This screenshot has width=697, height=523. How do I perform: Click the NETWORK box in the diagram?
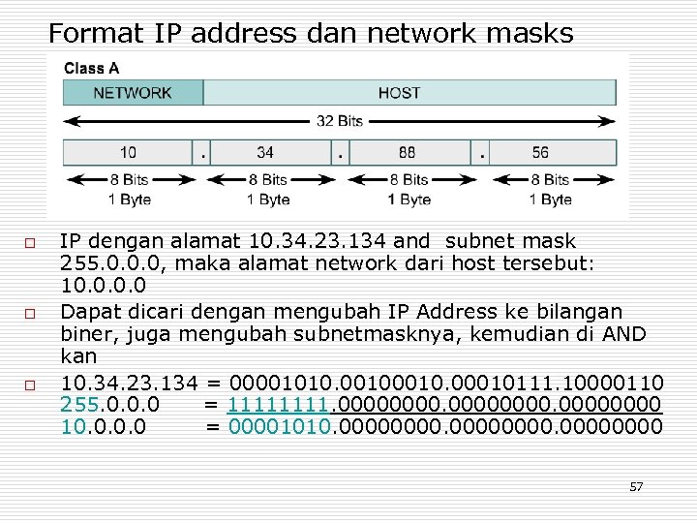click(x=133, y=93)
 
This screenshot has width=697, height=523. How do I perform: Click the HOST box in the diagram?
click(x=399, y=93)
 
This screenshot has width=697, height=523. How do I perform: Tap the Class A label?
click(x=92, y=68)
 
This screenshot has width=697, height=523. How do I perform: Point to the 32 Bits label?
click(x=339, y=121)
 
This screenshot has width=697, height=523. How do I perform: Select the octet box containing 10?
click(x=128, y=152)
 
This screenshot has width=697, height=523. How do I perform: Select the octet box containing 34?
click(x=265, y=152)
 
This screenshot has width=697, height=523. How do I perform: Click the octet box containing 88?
click(x=407, y=152)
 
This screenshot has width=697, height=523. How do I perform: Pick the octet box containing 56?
click(x=540, y=152)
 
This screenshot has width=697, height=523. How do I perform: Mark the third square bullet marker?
click(x=30, y=385)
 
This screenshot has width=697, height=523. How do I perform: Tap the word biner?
click(x=84, y=334)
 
